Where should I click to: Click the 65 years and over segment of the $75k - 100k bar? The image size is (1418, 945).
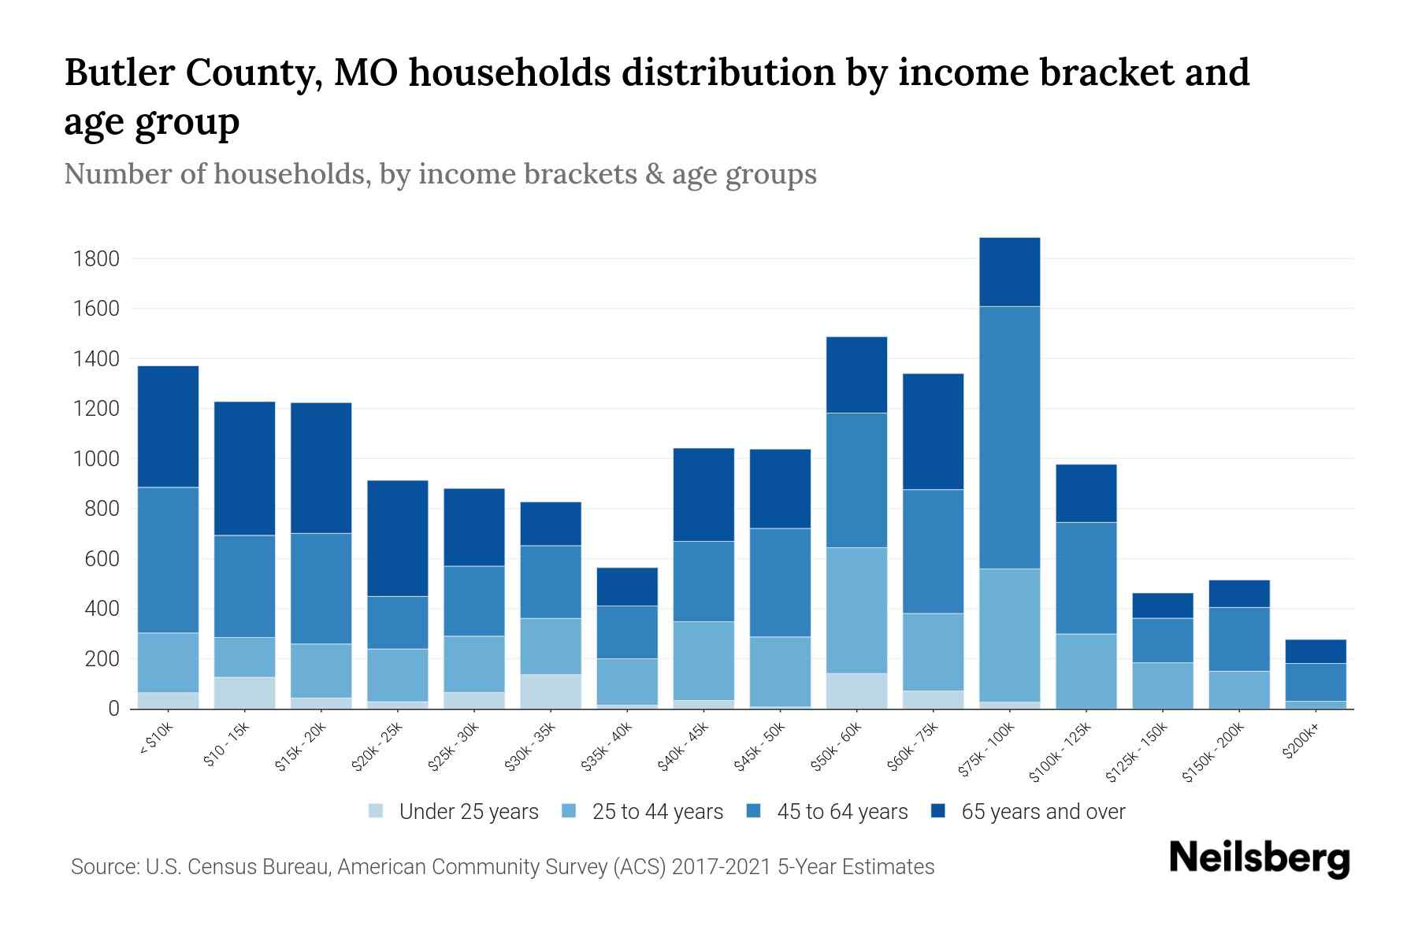1009,272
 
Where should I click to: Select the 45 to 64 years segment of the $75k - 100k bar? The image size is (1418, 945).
1009,437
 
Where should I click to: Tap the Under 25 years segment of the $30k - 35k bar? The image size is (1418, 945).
551,691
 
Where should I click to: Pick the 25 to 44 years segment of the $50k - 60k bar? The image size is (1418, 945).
856,610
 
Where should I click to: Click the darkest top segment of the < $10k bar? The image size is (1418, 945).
168,426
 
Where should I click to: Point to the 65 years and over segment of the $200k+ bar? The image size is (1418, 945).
1315,651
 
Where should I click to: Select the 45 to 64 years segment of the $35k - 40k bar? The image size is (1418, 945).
627,632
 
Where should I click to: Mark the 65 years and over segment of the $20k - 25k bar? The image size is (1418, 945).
397,538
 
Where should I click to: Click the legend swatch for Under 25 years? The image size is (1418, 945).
377,811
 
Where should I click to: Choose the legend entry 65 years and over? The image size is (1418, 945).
1042,812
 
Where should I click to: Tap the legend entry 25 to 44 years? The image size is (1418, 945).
657,812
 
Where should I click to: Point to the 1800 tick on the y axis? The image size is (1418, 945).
95,259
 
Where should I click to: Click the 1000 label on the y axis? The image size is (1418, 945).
95,459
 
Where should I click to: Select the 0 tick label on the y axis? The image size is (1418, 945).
113,709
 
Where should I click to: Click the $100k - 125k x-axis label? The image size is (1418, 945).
1060,752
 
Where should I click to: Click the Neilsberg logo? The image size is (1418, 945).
1259,858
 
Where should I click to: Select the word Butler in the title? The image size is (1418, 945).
118,72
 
